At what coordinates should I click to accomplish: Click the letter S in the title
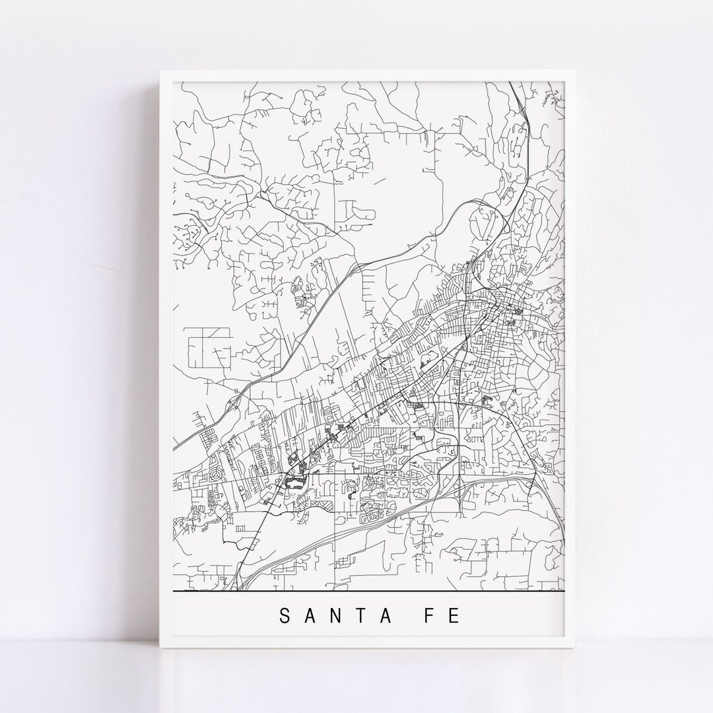pos(285,616)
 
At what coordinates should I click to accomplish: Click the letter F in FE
pos(438,616)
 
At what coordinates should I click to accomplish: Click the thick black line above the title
pos(370,589)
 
